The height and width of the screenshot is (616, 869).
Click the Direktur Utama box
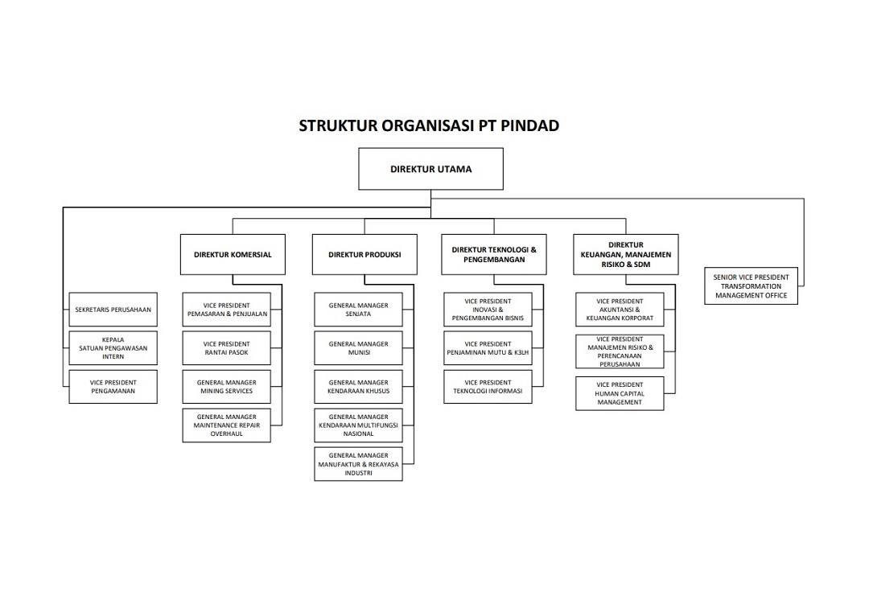click(430, 169)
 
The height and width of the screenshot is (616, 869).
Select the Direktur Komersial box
click(233, 255)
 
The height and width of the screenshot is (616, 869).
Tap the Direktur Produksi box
click(364, 255)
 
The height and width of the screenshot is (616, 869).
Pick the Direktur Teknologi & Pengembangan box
click(494, 255)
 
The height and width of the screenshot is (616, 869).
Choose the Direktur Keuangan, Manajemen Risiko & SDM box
click(625, 255)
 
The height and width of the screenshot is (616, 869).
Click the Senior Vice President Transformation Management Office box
click(752, 286)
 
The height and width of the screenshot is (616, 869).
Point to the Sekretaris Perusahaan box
click(113, 310)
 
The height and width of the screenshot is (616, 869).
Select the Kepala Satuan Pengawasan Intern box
click(113, 348)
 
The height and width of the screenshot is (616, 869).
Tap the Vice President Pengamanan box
click(113, 387)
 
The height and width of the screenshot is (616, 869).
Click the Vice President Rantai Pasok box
click(226, 348)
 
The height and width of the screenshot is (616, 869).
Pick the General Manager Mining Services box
click(226, 387)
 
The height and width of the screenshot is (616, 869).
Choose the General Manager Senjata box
click(358, 310)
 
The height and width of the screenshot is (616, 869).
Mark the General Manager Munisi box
click(358, 348)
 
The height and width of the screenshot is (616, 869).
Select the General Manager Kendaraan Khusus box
click(358, 387)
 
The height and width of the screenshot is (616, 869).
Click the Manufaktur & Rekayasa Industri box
click(358, 465)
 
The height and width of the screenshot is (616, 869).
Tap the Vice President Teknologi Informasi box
click(488, 387)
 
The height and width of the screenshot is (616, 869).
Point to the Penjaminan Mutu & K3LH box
click(488, 348)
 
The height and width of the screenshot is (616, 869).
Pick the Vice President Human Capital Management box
click(620, 393)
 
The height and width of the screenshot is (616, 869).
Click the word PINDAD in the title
click(529, 125)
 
